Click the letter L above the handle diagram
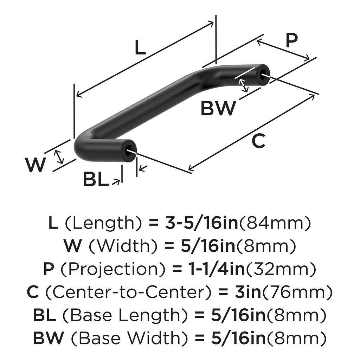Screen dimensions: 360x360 click(140, 48)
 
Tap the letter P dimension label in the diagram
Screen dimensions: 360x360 click(291, 41)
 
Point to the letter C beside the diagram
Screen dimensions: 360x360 click(258, 141)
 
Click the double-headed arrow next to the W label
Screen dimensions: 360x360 click(60, 156)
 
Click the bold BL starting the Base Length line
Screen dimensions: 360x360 click(44, 315)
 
